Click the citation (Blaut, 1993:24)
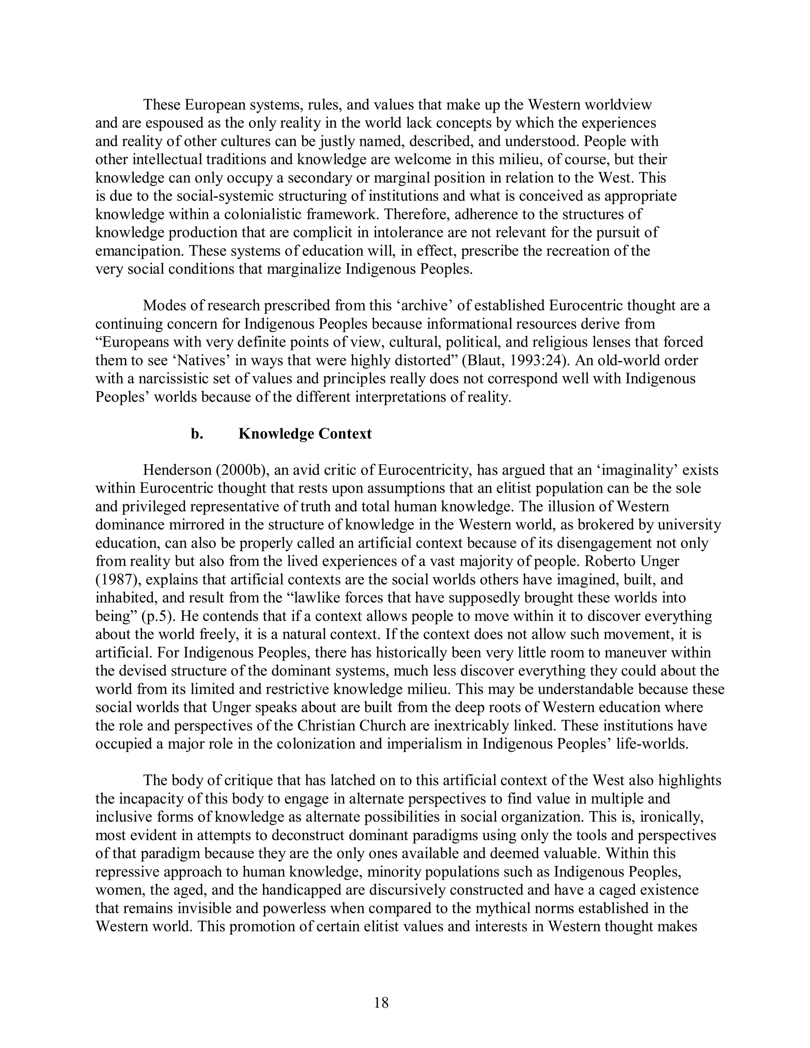coord(513,360)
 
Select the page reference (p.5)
coord(157,616)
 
